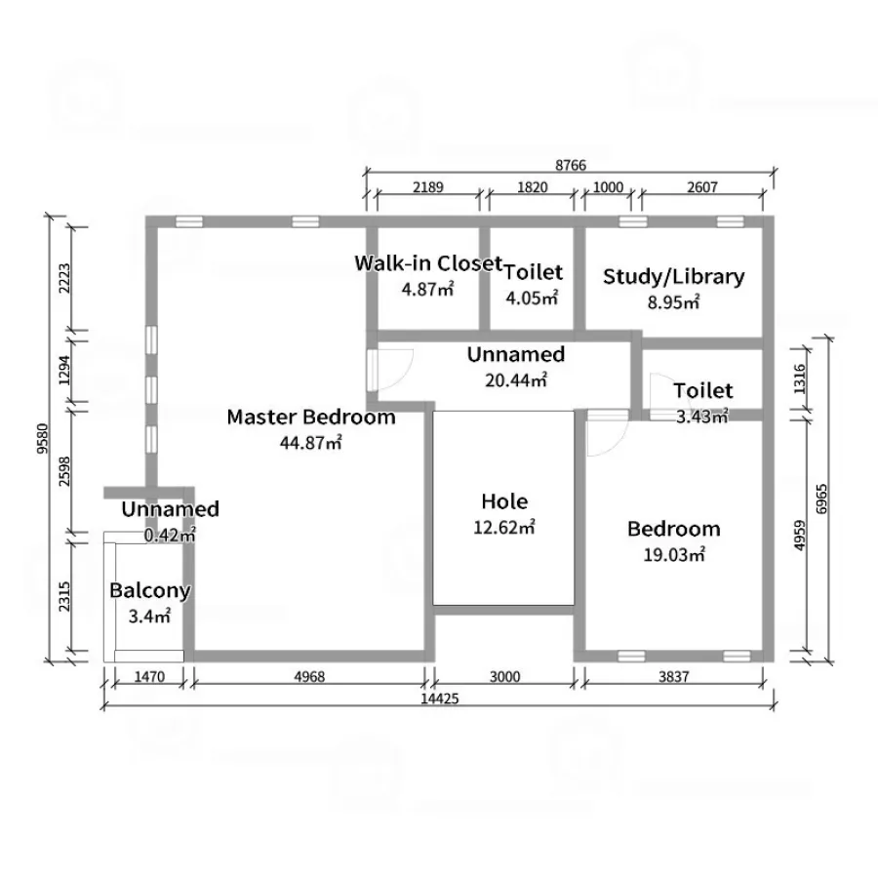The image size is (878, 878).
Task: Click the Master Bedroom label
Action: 311,418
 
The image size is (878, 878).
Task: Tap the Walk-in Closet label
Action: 428,262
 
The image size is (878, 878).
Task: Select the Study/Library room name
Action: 673,277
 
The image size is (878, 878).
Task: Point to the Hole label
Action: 504,501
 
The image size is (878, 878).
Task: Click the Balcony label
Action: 150,591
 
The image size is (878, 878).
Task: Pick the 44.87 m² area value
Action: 311,442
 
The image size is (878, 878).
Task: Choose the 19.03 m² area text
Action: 674,554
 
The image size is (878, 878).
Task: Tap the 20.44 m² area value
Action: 516,380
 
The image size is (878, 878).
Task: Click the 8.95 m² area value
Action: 673,302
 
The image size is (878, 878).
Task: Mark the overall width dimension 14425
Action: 440,698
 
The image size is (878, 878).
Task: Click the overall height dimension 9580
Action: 42,438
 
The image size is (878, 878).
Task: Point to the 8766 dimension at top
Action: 571,165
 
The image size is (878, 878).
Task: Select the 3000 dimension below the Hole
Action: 505,677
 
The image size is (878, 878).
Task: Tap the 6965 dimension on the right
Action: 821,499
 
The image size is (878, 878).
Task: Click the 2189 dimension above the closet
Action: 428,187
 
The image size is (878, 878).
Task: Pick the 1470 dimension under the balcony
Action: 149,677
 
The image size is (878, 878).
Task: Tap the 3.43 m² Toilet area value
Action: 702,416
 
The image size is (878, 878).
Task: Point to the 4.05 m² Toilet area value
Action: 532,298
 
